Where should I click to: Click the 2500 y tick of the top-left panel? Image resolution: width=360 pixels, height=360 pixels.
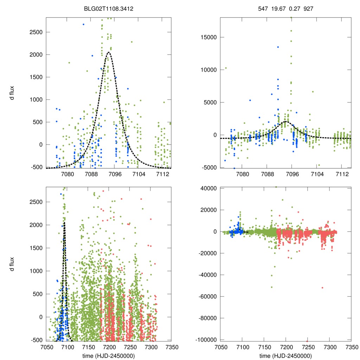[35, 32]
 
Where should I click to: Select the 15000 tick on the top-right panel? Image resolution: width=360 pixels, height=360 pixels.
[209, 37]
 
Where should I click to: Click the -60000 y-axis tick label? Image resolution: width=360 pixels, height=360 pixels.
[208, 297]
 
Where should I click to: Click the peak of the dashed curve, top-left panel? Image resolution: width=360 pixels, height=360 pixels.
[109, 52]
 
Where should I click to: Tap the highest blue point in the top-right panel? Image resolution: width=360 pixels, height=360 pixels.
[278, 47]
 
